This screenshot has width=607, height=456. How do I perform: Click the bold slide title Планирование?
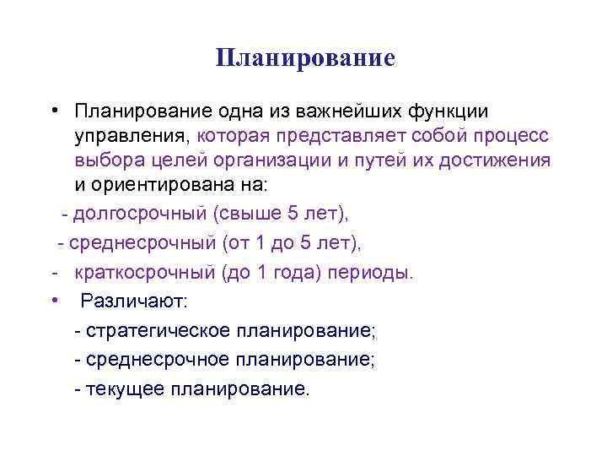click(x=304, y=58)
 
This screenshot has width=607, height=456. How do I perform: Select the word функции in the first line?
click(x=449, y=111)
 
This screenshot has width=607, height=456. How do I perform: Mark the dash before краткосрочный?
click(x=53, y=274)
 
